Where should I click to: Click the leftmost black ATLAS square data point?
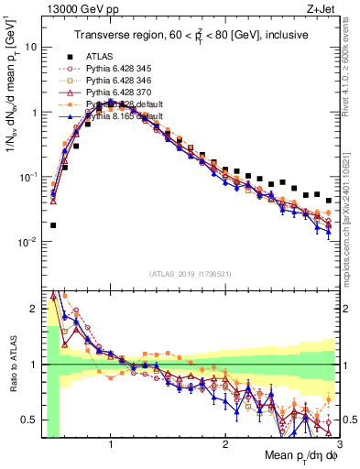point(53,225)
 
